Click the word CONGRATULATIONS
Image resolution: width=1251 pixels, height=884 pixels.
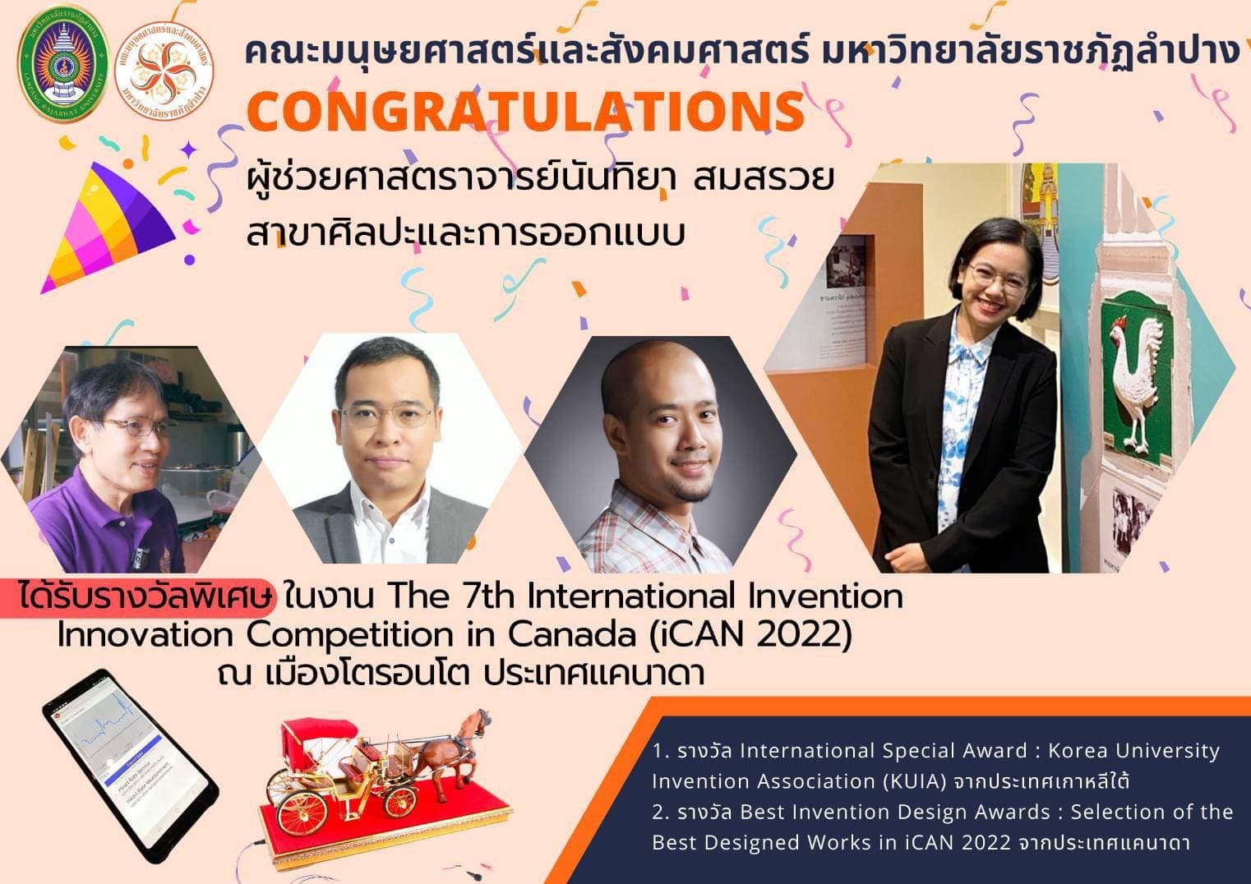tap(526, 111)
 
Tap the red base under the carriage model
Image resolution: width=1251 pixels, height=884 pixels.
tap(386, 822)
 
